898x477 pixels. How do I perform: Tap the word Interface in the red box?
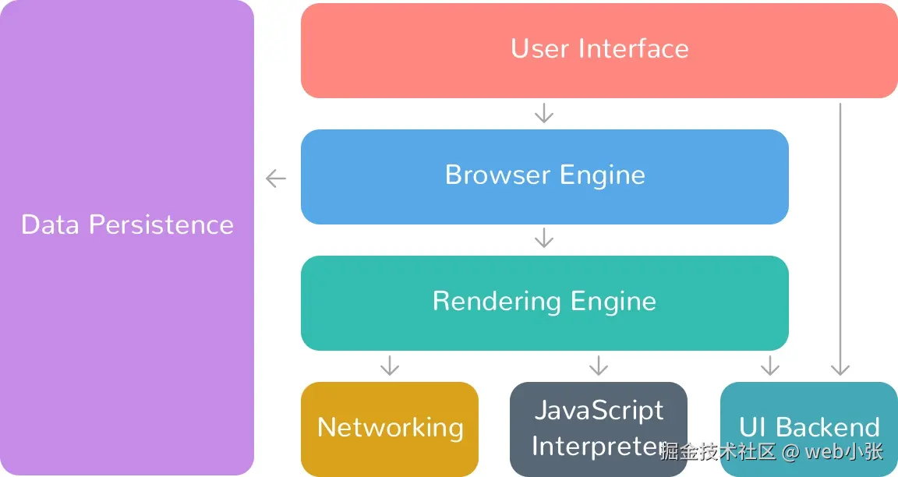pyautogui.click(x=633, y=48)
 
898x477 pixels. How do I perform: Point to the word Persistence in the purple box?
pyautogui.click(x=161, y=224)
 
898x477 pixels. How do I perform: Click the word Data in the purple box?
pyautogui.click(x=51, y=224)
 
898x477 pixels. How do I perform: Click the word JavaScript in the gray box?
pyautogui.click(x=599, y=411)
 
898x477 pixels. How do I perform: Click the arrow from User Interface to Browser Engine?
pyautogui.click(x=544, y=114)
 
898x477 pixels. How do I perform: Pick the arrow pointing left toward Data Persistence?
pyautogui.click(x=276, y=178)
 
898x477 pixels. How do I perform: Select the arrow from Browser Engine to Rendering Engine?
pyautogui.click(x=544, y=238)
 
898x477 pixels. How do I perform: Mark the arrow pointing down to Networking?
pyautogui.click(x=389, y=365)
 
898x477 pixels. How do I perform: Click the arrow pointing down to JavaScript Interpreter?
pyautogui.click(x=598, y=365)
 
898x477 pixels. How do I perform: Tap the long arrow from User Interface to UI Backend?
pyautogui.click(x=840, y=234)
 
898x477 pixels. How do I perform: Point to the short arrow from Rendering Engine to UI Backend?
pyautogui.click(x=770, y=365)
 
